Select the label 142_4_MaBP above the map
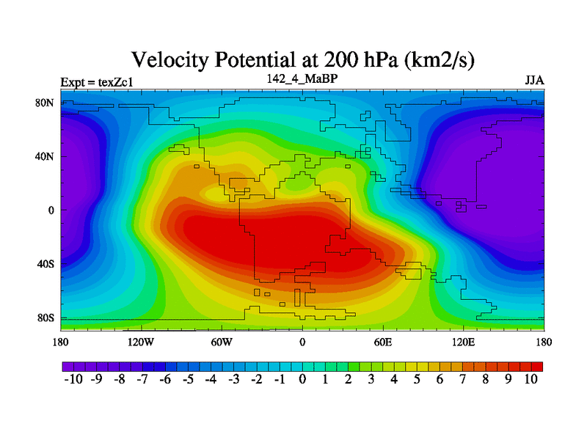[302, 78]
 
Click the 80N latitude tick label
[45, 103]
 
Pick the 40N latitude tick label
[45, 157]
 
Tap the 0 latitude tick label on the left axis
[51, 210]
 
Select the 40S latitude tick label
[45, 264]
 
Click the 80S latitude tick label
[45, 318]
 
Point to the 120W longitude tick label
[140, 342]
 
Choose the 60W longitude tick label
[222, 342]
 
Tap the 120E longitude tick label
[464, 342]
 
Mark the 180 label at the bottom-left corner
[61, 342]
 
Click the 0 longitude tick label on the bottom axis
[302, 342]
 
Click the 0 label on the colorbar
[302, 379]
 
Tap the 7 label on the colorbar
[462, 379]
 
